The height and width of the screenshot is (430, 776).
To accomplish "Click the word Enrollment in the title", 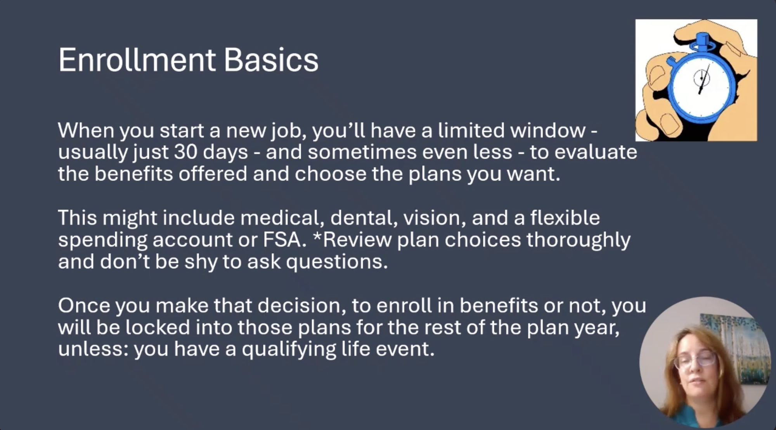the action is [x=137, y=60].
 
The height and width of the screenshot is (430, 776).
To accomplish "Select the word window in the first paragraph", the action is [x=547, y=130].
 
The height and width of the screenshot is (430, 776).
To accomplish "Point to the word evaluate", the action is [x=596, y=152].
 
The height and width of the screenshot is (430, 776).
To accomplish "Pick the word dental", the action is [x=364, y=218].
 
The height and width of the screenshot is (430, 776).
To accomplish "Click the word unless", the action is [x=94, y=349].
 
